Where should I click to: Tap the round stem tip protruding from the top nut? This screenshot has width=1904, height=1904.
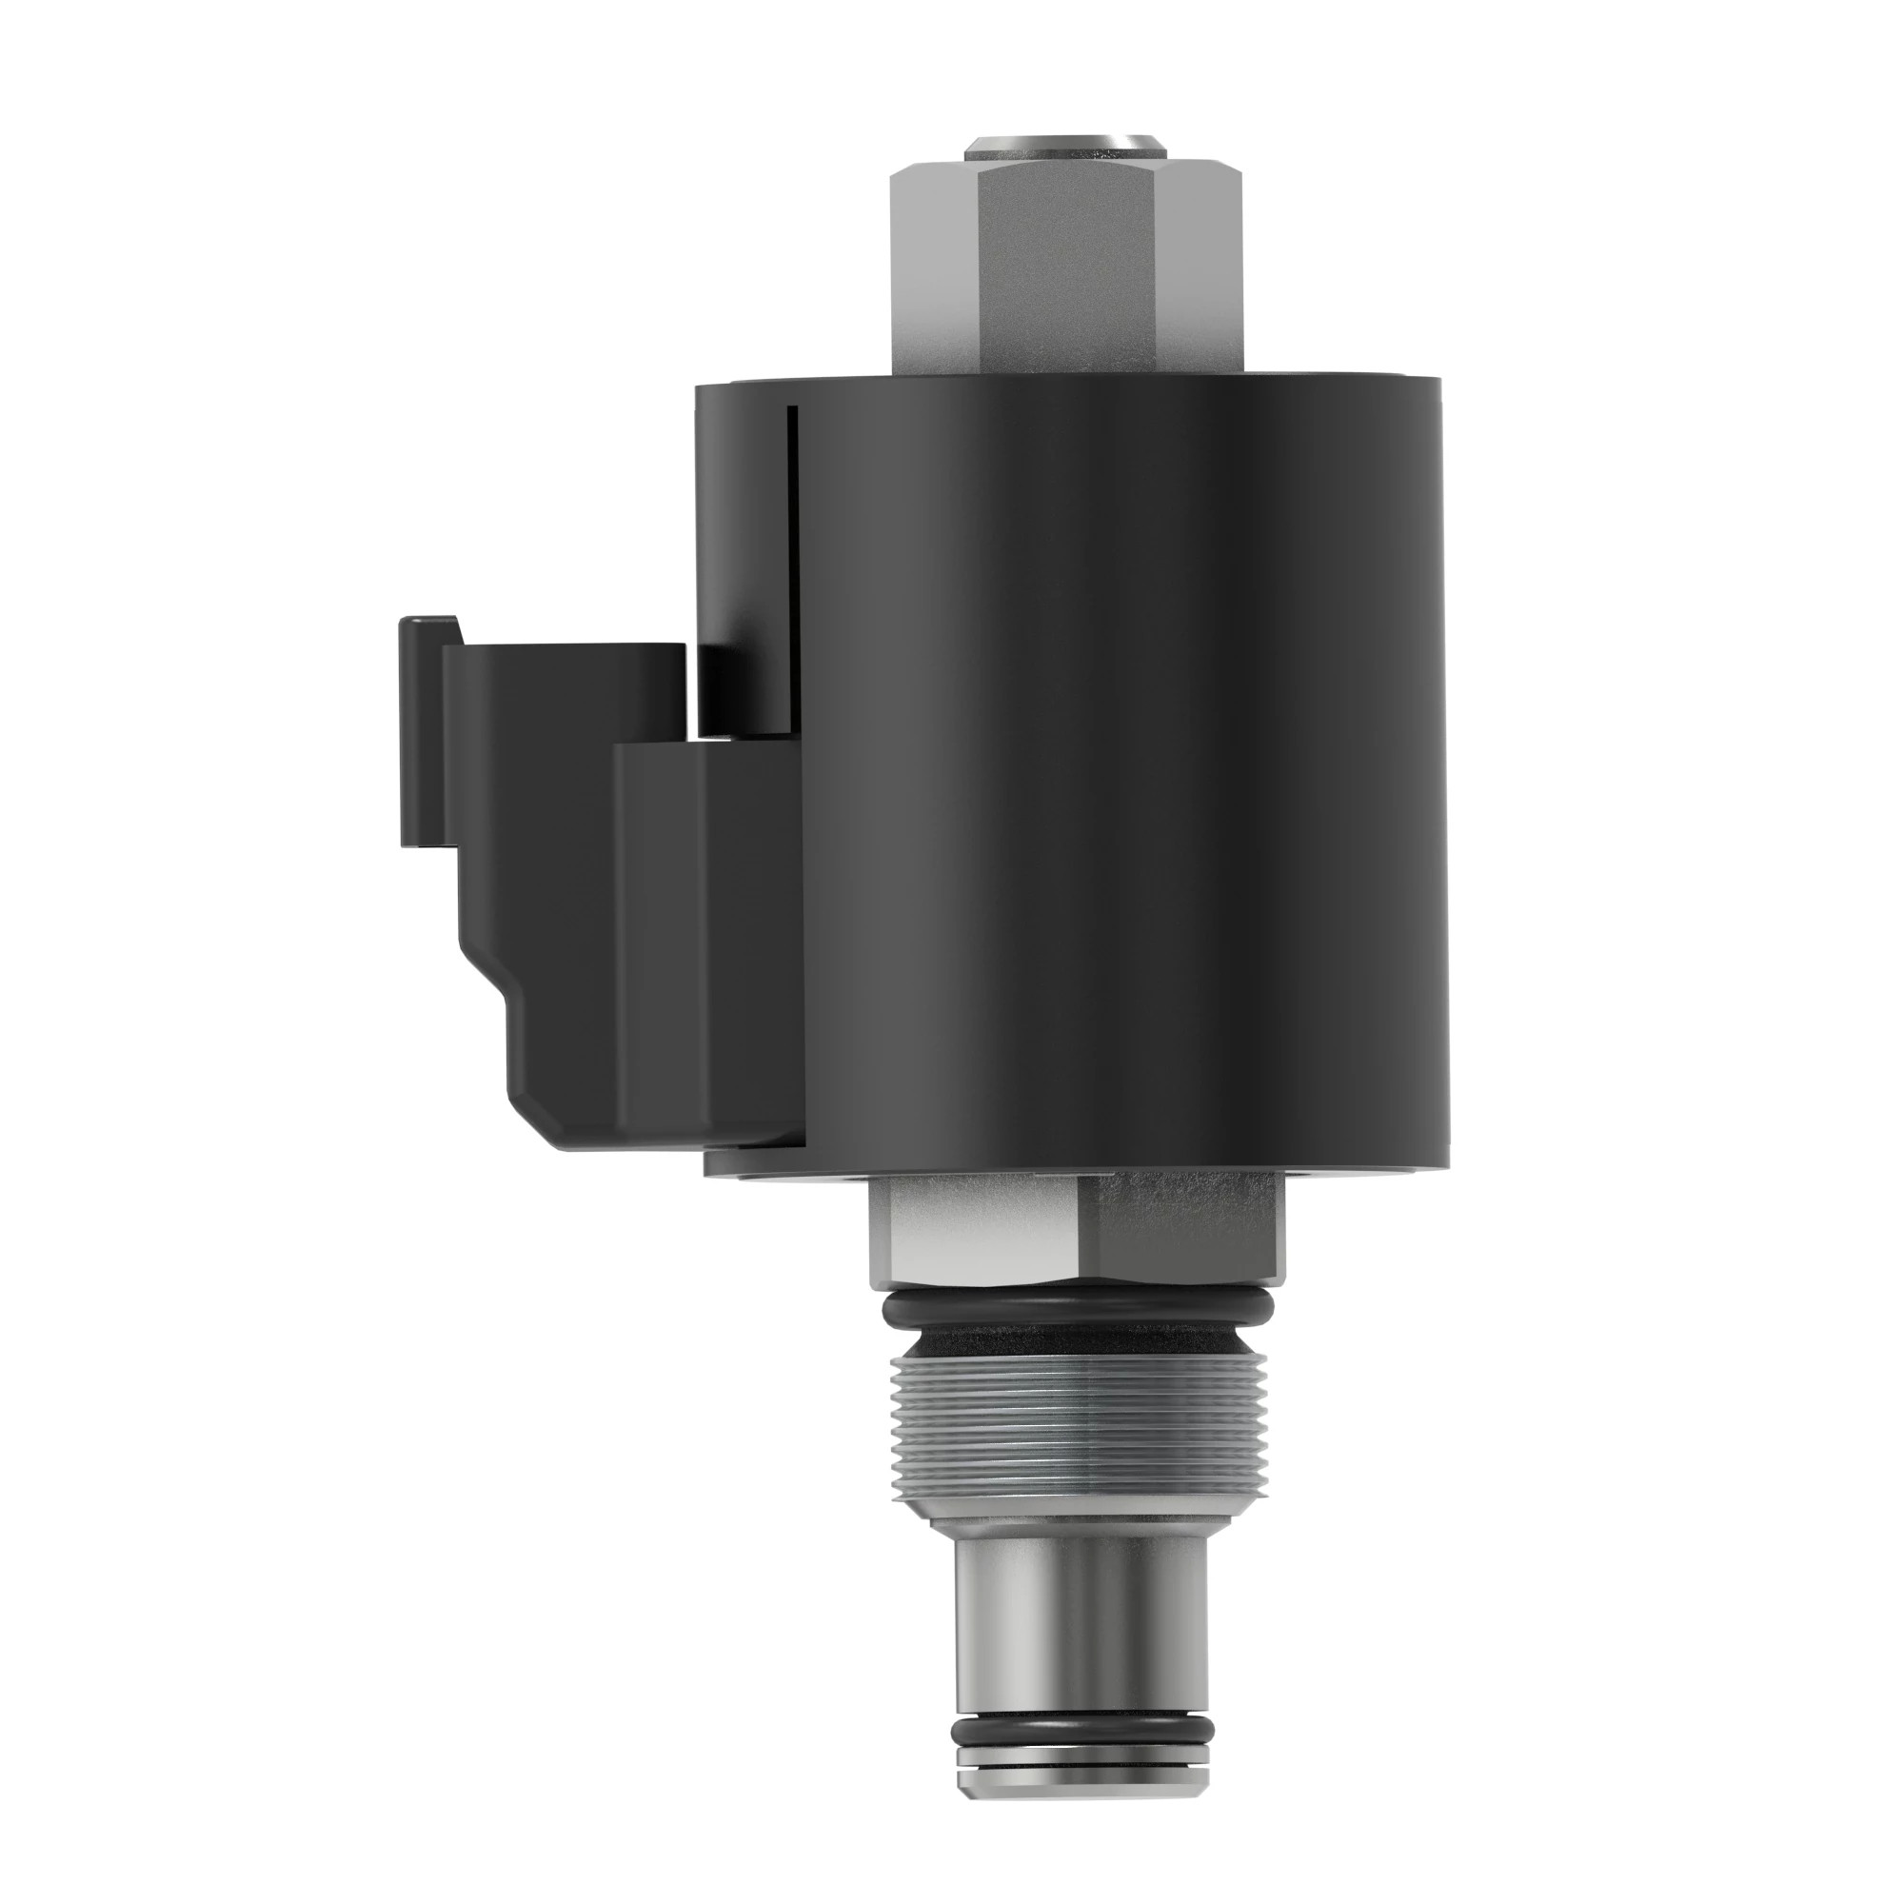[x=1064, y=148]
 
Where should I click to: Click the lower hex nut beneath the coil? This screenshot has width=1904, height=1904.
[x=1074, y=1232]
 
